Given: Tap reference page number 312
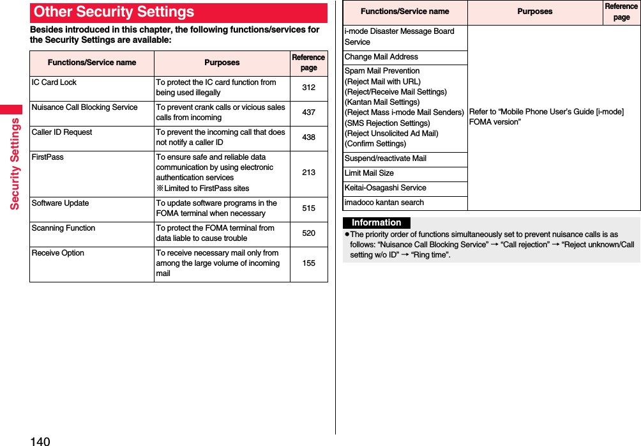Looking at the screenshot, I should [x=308, y=88].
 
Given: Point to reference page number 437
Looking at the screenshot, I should [x=308, y=112].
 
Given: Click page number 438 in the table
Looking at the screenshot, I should [x=308, y=137].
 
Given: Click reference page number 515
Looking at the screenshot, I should [x=308, y=208].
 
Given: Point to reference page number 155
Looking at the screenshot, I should [x=308, y=263].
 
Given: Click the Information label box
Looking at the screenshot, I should [x=377, y=222].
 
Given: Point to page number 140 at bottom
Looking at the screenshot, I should [x=39, y=440].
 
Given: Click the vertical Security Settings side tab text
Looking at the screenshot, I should [x=14, y=164].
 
